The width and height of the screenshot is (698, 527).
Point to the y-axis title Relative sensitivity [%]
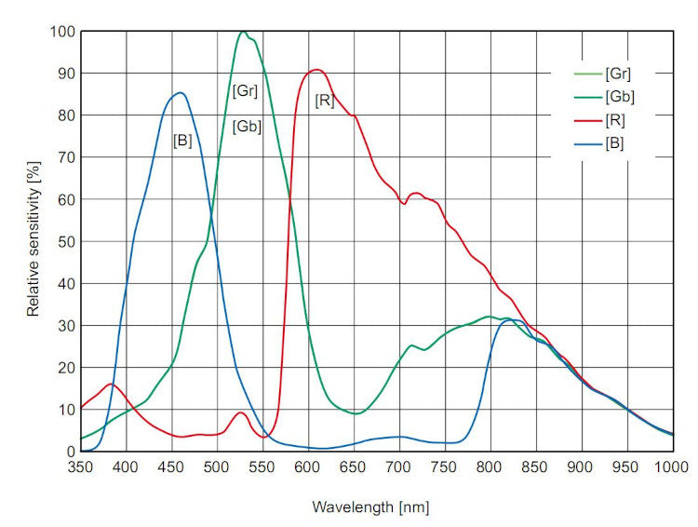click(x=34, y=240)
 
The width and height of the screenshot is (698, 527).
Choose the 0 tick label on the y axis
click(x=69, y=451)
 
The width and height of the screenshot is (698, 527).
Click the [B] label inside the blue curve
click(x=182, y=141)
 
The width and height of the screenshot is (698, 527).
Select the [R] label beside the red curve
click(x=324, y=100)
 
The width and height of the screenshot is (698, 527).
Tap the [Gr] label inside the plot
click(x=245, y=91)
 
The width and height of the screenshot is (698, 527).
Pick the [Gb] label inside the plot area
click(x=246, y=127)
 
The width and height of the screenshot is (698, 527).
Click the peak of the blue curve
click(x=180, y=92)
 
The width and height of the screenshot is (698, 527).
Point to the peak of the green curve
click(x=243, y=32)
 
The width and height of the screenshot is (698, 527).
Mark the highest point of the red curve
click(x=316, y=70)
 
